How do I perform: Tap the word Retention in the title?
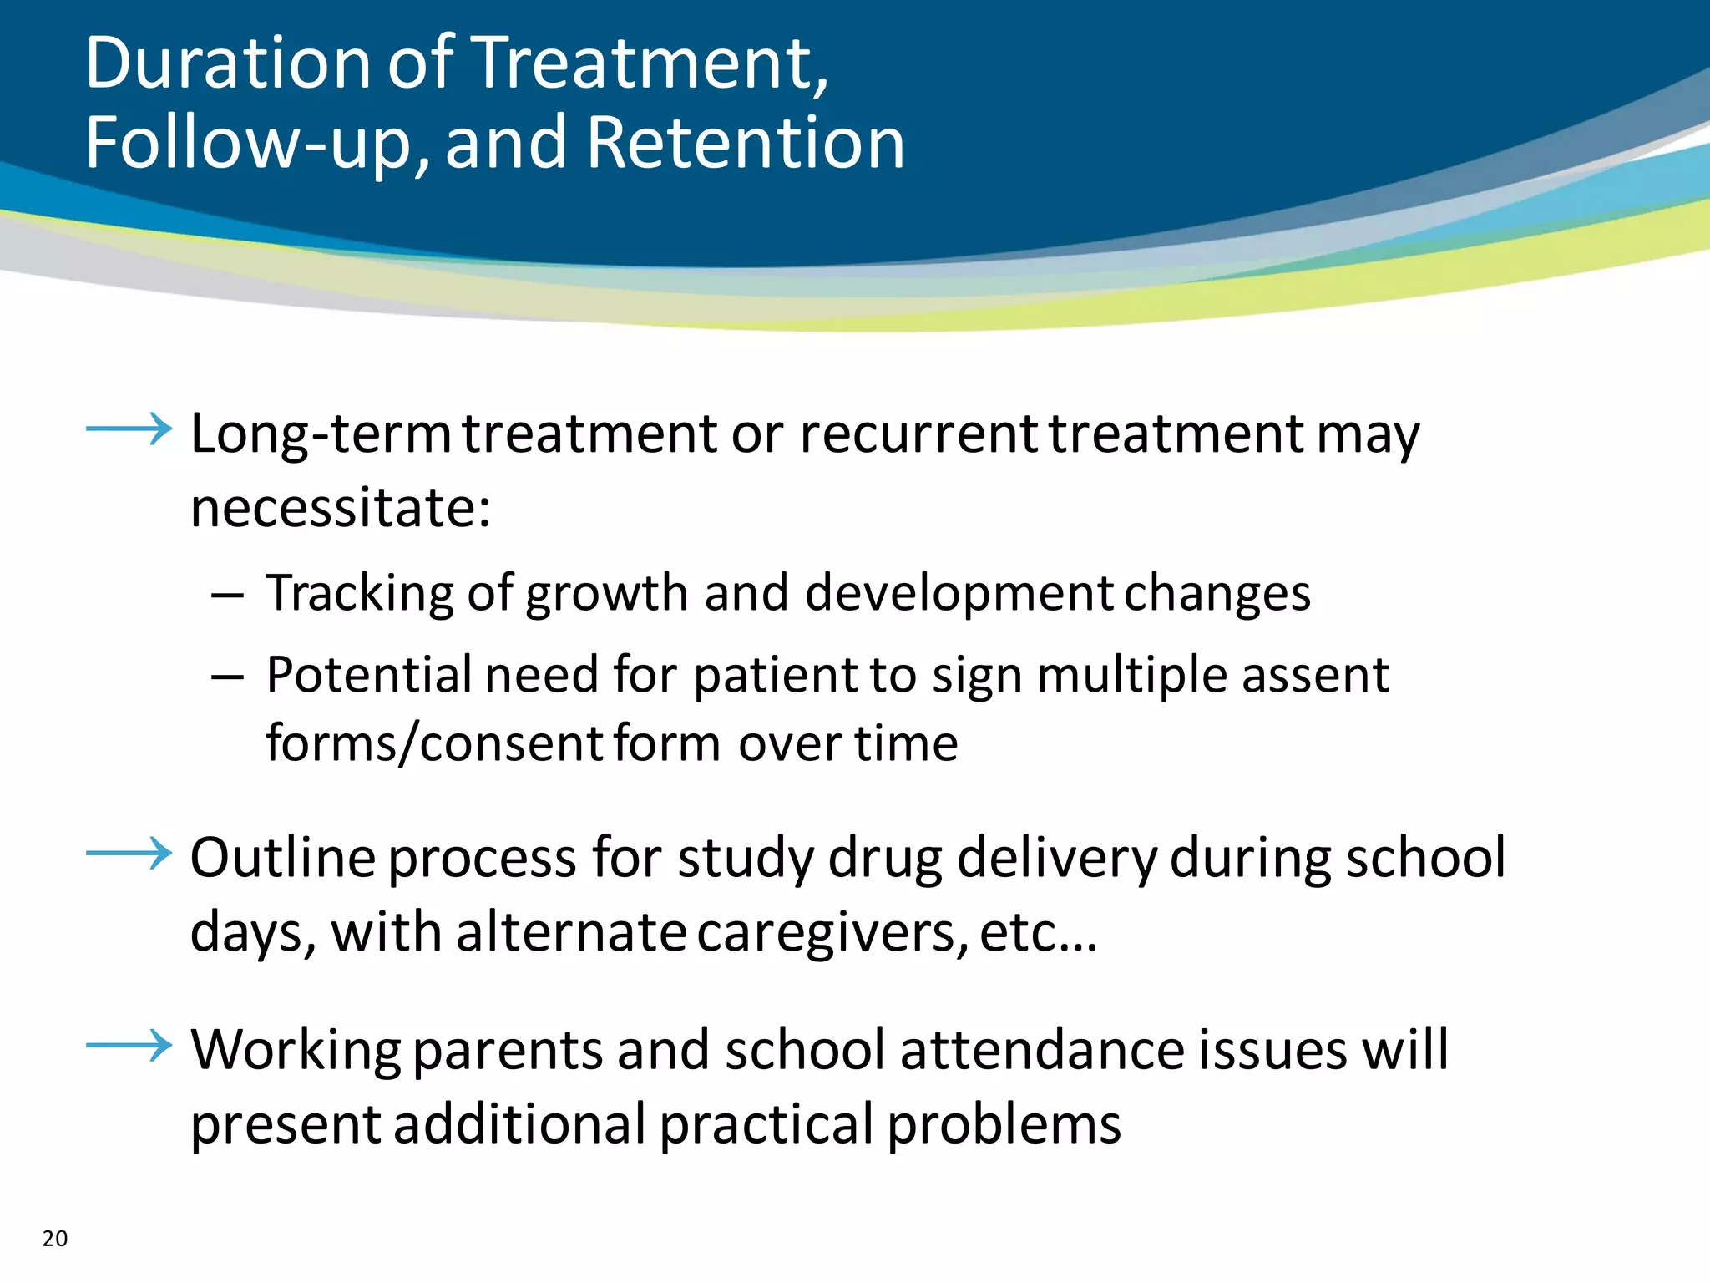pos(746,143)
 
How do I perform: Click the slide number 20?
pos(55,1239)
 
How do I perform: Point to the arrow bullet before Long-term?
pos(129,429)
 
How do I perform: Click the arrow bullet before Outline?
pos(129,853)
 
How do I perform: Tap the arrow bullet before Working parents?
pos(129,1045)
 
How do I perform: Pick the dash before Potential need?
pos(227,677)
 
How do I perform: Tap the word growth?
pos(607,595)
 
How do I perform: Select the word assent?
pos(1315,675)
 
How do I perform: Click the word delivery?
pos(1056,859)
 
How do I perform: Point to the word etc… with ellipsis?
pos(1038,933)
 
